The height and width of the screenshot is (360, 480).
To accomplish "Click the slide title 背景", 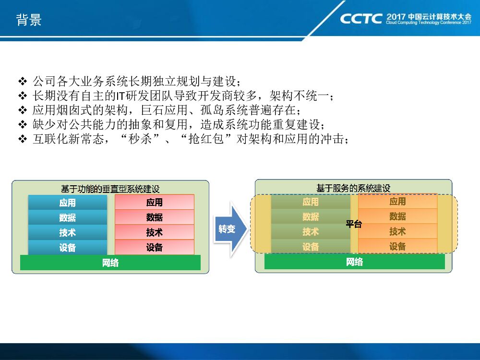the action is click(x=29, y=20).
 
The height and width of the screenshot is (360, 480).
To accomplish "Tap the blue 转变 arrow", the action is click(x=230, y=228).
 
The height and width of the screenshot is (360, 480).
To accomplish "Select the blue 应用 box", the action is click(x=68, y=203).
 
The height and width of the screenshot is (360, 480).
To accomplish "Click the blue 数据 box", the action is click(x=68, y=217).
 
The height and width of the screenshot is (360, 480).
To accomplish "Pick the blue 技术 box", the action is click(x=68, y=232).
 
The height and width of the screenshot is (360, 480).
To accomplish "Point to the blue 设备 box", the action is click(x=68, y=247).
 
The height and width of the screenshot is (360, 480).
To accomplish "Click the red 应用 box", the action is click(x=155, y=202).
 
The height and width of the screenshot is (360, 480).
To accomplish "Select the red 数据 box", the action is click(x=155, y=217).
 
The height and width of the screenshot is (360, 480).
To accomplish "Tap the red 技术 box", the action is click(x=155, y=232).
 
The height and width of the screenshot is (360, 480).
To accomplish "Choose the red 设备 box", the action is click(x=155, y=247).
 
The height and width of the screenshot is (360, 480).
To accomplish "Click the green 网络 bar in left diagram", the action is click(x=110, y=263).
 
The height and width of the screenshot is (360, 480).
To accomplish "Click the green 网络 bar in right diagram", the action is click(x=355, y=262).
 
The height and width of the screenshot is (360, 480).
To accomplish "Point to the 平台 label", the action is click(x=354, y=224).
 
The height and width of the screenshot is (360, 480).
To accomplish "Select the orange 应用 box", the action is click(x=397, y=201).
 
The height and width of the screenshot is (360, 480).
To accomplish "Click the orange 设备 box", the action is click(x=397, y=246).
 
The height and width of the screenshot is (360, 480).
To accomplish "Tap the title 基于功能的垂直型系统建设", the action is click(x=110, y=189).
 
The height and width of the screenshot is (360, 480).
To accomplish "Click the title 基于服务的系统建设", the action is click(x=354, y=188).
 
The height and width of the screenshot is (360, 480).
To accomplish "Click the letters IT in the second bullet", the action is click(x=120, y=96).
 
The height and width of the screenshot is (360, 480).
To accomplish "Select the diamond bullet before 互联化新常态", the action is click(x=23, y=139).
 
